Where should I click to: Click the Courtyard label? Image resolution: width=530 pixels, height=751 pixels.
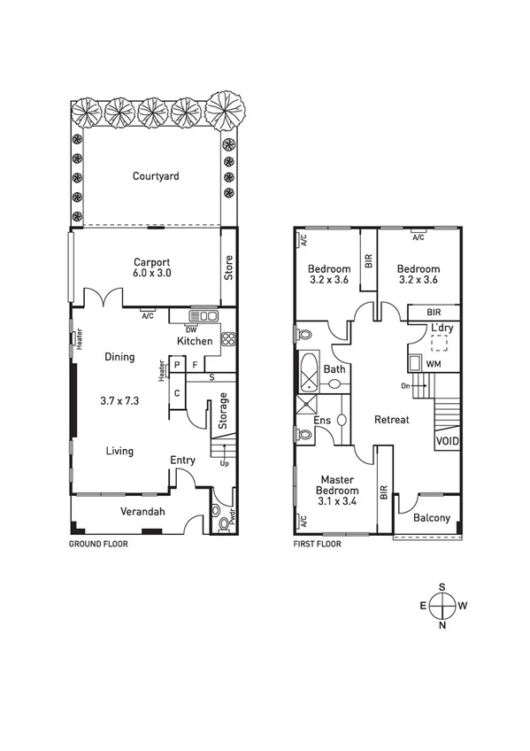[156, 176]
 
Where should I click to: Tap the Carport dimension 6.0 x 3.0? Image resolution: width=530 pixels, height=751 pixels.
[151, 274]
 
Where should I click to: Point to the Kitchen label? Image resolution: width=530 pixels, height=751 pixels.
[195, 341]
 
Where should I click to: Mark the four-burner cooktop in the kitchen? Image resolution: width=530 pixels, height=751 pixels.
[227, 337]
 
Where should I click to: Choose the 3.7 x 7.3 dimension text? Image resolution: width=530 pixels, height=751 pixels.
[119, 400]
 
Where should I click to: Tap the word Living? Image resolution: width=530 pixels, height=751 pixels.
[119, 451]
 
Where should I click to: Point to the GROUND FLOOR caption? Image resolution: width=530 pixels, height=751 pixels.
[98, 545]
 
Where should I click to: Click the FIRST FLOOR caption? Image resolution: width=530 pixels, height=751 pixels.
[317, 545]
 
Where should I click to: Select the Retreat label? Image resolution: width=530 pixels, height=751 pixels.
[391, 420]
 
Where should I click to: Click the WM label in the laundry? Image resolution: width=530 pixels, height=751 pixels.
[434, 364]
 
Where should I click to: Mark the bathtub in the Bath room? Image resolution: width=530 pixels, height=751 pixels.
[307, 372]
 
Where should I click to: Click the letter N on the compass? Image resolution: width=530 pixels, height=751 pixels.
[442, 625]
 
